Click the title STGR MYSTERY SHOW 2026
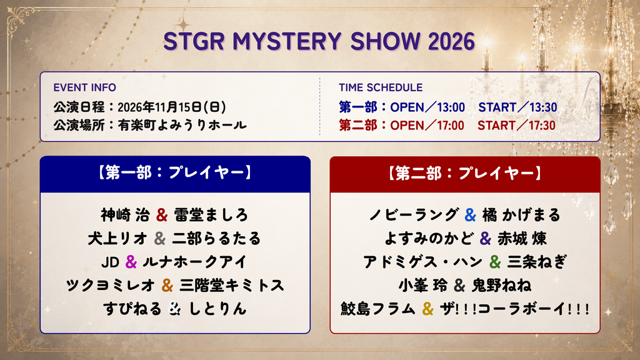[319, 41]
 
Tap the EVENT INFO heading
[84, 87]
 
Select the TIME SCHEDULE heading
[381, 87]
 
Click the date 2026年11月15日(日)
[171, 107]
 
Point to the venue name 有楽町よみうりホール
[182, 125]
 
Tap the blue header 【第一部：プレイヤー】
[175, 172]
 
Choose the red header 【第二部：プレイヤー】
[465, 173]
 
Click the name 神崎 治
[125, 215]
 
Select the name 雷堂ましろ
[211, 215]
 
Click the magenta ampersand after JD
[131, 262]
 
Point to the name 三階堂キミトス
[232, 285]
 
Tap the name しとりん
[218, 309]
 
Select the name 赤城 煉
[522, 239]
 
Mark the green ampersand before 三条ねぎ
[495, 262]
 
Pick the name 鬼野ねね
[502, 285]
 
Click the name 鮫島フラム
[378, 309]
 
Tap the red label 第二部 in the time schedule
[357, 125]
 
